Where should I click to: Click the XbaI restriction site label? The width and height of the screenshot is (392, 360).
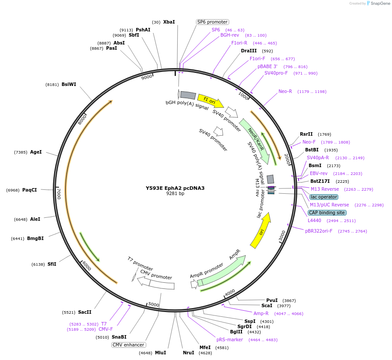click(x=169, y=22)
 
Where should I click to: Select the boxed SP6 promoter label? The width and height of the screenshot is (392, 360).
click(x=212, y=22)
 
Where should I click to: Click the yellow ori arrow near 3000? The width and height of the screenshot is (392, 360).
click(x=261, y=230)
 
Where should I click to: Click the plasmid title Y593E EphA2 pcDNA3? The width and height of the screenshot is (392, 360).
click(x=175, y=188)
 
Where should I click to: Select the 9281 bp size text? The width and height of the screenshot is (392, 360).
click(x=175, y=193)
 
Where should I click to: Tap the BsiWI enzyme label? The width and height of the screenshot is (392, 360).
click(x=69, y=84)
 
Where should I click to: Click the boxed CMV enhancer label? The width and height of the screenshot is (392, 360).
click(x=128, y=345)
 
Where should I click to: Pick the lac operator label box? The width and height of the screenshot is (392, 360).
click(x=324, y=197)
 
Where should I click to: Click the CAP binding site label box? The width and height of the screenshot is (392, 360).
click(x=327, y=213)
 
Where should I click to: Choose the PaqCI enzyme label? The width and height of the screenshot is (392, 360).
click(x=30, y=190)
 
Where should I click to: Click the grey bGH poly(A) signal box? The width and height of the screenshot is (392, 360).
click(x=188, y=95)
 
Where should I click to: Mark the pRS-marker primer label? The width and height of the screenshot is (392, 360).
click(x=230, y=339)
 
